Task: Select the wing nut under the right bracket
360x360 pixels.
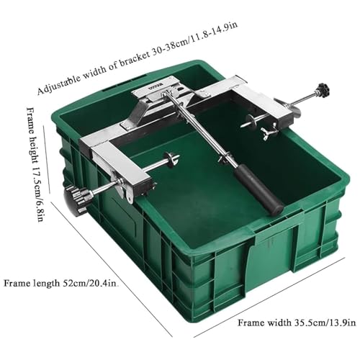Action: click(269, 132)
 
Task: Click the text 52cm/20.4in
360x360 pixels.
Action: click(89, 284)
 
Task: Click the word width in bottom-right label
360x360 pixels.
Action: click(279, 323)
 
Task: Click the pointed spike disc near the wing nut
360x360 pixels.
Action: click(251, 120)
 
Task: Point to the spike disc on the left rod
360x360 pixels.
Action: click(171, 159)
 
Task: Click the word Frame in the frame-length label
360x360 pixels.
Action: click(16, 283)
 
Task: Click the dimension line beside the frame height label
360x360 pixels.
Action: click(46, 158)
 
